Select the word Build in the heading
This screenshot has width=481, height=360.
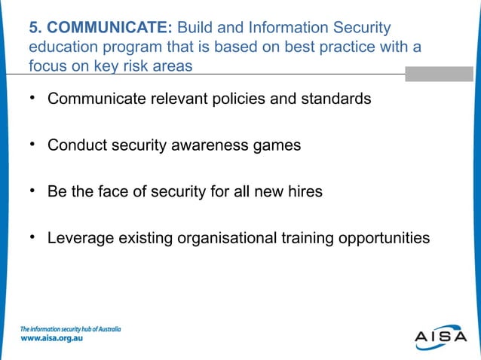(x=198, y=28)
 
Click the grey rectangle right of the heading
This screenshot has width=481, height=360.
(x=439, y=74)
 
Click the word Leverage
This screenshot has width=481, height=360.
(x=80, y=238)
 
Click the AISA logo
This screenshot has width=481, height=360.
(x=440, y=337)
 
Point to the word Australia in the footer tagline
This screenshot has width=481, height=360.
(x=106, y=329)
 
